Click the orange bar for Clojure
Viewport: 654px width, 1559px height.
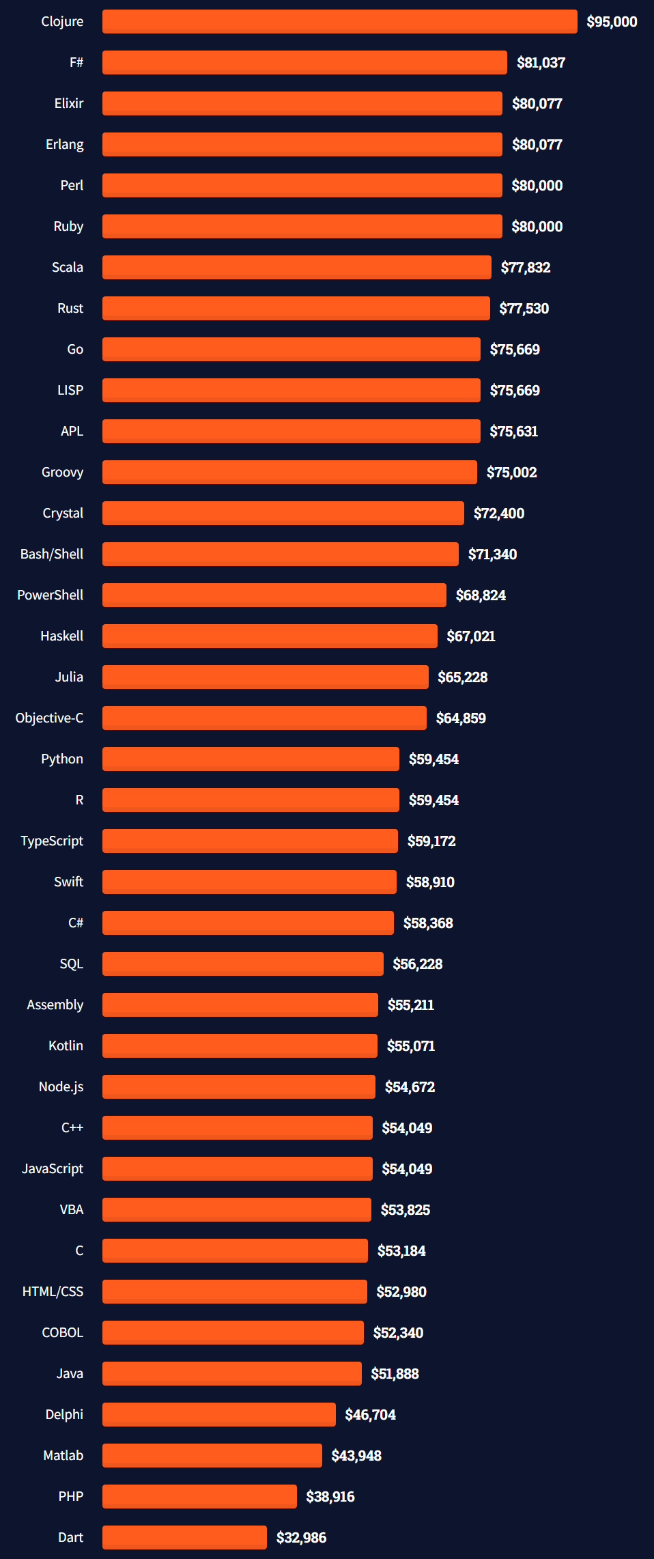pos(339,22)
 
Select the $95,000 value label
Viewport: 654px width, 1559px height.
pos(612,22)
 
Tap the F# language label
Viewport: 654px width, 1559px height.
pos(76,63)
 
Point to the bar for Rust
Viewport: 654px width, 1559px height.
pos(296,309)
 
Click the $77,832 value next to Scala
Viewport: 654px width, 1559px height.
pos(525,268)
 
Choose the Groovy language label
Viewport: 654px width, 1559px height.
pos(62,473)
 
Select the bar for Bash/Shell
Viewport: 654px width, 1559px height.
pos(280,554)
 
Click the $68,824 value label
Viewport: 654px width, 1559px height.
pos(481,595)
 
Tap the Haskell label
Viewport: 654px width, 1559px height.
pos(61,636)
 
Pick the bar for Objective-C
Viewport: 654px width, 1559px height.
pos(264,718)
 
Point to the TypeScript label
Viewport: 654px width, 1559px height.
pos(52,841)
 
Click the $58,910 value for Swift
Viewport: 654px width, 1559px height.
pos(430,882)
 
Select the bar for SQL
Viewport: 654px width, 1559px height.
pos(242,964)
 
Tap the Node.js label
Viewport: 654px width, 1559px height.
pos(61,1087)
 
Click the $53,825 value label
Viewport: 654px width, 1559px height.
pos(405,1210)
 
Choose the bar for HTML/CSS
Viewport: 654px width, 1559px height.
pos(234,1292)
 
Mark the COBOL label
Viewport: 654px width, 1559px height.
pos(62,1333)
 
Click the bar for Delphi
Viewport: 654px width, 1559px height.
pos(218,1415)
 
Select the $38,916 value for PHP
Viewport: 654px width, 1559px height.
pos(330,1497)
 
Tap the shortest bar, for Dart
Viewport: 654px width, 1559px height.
pos(184,1538)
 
